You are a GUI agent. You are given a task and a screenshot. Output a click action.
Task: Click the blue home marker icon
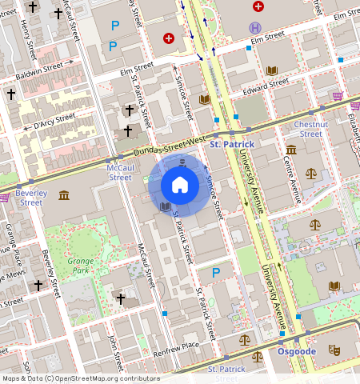[x=180, y=186]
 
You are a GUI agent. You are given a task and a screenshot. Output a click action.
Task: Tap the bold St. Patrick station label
[x=232, y=144]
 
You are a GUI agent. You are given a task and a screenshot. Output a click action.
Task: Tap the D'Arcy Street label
[x=52, y=125]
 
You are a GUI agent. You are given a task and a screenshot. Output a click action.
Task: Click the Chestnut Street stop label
[x=310, y=129]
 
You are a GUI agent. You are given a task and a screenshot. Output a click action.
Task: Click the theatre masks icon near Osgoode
[x=334, y=350]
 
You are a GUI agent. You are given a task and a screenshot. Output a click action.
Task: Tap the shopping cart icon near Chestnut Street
[x=337, y=97]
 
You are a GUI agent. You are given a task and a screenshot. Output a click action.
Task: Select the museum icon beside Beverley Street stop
[x=63, y=195]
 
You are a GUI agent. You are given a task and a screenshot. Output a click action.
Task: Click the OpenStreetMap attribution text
[x=80, y=378]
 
